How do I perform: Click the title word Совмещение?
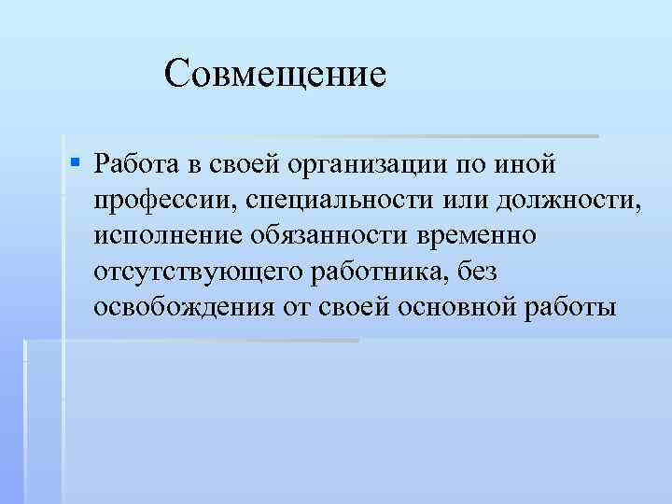coord(274,73)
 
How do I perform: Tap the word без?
coord(483,271)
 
